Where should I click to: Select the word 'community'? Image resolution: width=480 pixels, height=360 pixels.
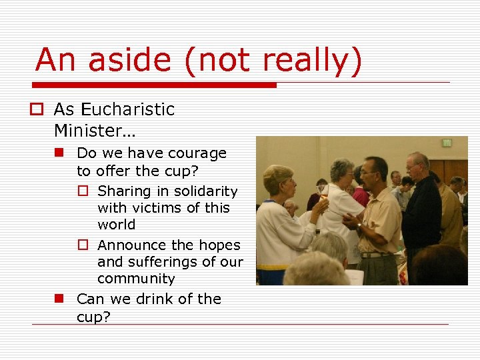(136, 279)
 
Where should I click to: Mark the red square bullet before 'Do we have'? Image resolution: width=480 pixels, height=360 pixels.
(59, 153)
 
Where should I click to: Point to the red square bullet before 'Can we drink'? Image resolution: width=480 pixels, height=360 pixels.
(59, 299)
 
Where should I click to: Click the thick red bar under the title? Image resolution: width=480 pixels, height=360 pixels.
(155, 85)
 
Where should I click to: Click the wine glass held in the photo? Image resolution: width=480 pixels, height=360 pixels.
(325, 193)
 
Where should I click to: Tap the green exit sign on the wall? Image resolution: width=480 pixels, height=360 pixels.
(446, 142)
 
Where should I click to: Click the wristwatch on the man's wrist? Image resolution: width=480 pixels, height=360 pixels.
(359, 227)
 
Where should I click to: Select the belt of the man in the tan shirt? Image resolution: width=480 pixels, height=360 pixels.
(375, 254)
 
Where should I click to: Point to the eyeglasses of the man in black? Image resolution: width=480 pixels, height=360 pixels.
(413, 167)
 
